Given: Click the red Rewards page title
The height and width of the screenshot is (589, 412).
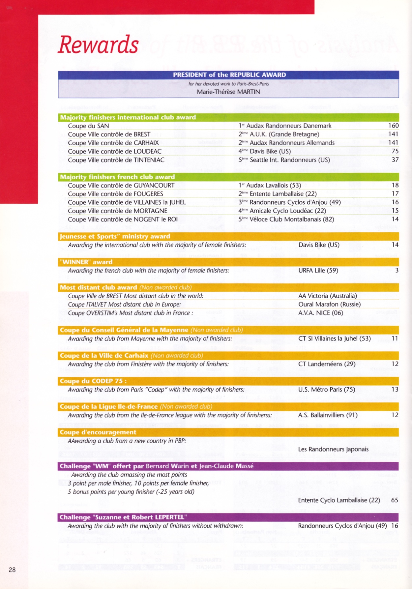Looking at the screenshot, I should coord(98,44).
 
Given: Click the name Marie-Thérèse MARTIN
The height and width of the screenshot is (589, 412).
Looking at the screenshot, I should coord(228,92).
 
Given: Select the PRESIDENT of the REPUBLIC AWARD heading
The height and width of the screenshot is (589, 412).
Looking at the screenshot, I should coord(229,75).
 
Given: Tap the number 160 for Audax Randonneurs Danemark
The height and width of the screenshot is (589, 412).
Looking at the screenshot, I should coord(393,126).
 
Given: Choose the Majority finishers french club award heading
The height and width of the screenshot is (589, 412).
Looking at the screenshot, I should coord(117,177).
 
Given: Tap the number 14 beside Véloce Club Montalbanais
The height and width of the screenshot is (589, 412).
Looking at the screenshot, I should coord(395,219).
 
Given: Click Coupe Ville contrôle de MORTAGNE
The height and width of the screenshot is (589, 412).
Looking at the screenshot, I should coord(118,211).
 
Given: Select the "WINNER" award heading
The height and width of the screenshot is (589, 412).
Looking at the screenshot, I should coord(86,262).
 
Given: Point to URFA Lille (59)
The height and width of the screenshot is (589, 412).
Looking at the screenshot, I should coord(318,270).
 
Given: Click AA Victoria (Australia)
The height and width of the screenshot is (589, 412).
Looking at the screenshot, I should coord(327,296).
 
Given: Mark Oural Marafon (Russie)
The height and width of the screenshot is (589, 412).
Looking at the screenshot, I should coord(329,304).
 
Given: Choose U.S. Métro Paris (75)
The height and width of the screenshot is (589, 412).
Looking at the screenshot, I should coord(326,389).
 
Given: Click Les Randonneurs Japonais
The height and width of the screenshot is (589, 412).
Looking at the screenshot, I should coord(333,449).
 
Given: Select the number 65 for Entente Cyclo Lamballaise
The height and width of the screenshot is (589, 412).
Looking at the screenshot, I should coord(395,500).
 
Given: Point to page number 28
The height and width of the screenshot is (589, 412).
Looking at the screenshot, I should coord(12,570).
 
